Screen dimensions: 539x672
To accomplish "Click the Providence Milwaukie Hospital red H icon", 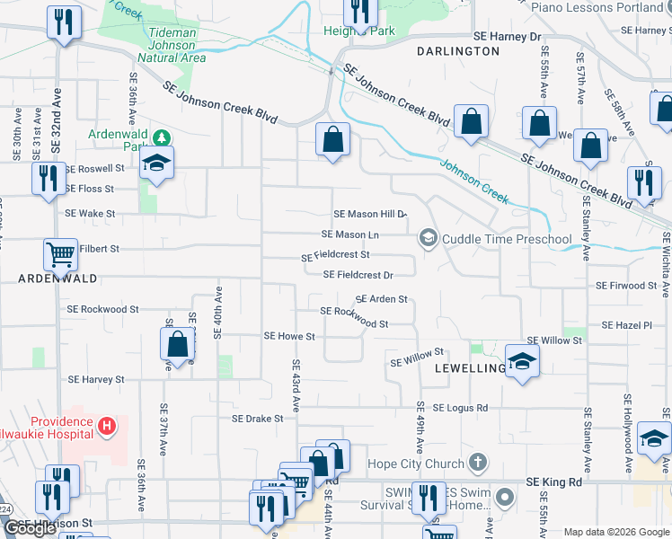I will pyautogui.click(x=107, y=424).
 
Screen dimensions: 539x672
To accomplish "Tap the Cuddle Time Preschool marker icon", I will pyautogui.click(x=428, y=238).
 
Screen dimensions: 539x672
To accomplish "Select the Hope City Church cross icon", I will pyautogui.click(x=478, y=464).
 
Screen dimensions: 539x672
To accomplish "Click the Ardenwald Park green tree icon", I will pyautogui.click(x=162, y=137).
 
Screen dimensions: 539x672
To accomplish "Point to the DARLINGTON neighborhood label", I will pyautogui.click(x=458, y=51).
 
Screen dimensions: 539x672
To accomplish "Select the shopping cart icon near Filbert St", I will pyautogui.click(x=60, y=253).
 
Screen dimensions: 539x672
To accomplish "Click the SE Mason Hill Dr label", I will pyautogui.click(x=370, y=215).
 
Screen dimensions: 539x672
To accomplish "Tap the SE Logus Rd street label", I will pyautogui.click(x=460, y=408).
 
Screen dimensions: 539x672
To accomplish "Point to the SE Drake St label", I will pyautogui.click(x=257, y=419).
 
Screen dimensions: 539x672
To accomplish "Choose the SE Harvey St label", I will pyautogui.click(x=95, y=380).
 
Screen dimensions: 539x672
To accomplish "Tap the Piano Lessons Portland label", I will pyautogui.click(x=597, y=7).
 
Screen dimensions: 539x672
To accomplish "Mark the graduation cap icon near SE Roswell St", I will pyautogui.click(x=156, y=163).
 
